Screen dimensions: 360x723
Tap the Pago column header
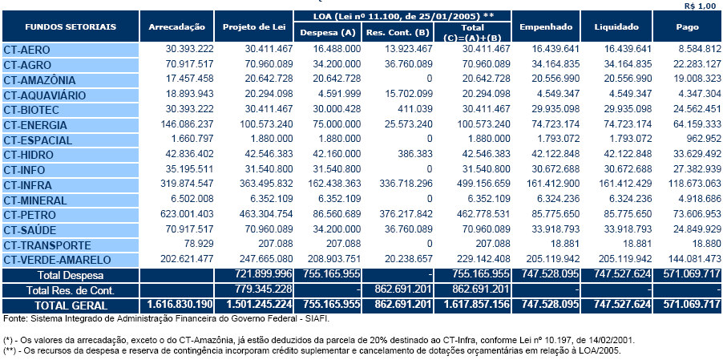point(687,27)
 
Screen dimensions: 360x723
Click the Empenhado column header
point(545,27)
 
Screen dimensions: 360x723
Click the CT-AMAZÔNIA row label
point(39,80)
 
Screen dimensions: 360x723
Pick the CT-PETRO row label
point(30,214)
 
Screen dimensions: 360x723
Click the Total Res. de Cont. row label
point(71,289)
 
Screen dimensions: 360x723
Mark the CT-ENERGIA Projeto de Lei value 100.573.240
point(259,125)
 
